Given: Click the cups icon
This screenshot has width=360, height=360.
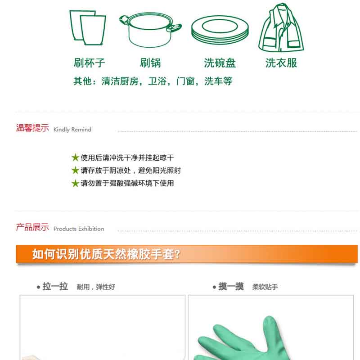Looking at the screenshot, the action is pos(88,27).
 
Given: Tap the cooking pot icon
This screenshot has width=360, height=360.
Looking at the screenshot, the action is pos(150,30).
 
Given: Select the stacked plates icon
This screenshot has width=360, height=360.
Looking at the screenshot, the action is pos(220,30).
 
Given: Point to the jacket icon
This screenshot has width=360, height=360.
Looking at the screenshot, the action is pos(281,27).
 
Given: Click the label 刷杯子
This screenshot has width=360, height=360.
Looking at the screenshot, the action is pos(89,63).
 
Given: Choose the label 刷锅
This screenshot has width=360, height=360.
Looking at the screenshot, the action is pos(151,63).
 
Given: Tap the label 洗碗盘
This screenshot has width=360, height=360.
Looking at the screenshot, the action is pos(220,63).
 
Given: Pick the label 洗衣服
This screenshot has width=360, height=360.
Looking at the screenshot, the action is pos(281,63).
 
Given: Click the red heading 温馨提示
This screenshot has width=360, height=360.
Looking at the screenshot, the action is pos(32,128).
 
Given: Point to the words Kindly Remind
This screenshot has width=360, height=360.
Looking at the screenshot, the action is pos(72,130).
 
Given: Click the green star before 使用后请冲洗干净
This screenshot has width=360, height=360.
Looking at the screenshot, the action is pos(75,157).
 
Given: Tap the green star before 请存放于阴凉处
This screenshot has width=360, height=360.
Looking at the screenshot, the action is pos(75,171).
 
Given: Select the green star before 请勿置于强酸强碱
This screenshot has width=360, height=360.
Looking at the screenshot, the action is pos(75,183).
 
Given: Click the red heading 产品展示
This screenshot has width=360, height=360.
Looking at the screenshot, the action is pos(32,227).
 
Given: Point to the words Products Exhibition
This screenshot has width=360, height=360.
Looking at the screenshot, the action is pos(79,229).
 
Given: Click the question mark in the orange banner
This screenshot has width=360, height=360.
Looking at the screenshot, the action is pos(177,254).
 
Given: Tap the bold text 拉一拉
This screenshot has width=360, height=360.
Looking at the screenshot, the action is pos(55,287).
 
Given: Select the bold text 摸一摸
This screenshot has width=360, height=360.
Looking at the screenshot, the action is pos(231,287).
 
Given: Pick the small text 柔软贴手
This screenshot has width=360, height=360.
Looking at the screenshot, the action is pos(265,287).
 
